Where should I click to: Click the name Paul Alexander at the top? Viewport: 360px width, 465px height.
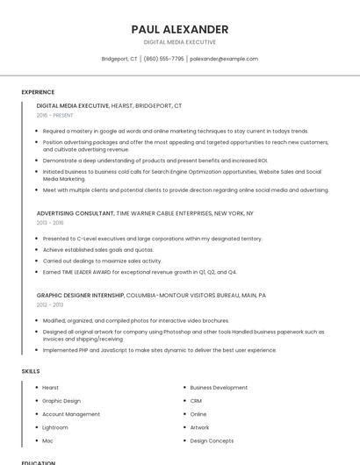pos(179,29)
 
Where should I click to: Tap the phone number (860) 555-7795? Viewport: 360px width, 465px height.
pos(164,59)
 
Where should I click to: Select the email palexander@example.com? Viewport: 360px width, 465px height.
pos(224,59)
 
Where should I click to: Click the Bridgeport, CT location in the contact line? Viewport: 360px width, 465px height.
pos(119,59)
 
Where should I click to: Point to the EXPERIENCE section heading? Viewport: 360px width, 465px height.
pos(38,92)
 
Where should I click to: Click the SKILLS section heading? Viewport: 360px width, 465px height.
pos(31,371)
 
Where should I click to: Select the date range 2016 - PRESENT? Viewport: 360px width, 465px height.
pos(55,115)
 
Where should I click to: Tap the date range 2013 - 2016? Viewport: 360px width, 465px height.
pos(50,223)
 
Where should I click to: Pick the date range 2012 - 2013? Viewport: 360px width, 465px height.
pos(50,304)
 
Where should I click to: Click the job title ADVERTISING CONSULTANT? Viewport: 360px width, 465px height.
pos(76,213)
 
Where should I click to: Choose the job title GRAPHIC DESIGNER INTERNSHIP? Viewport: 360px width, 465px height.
pos(80,295)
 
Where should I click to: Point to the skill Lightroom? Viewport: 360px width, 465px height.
pos(56,427)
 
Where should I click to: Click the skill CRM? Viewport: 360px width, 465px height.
pos(196,401)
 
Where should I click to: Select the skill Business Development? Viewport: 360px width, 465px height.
pos(219,388)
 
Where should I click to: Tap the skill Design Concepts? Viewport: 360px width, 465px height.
pos(212,440)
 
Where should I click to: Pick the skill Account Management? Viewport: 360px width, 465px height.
pos(71,414)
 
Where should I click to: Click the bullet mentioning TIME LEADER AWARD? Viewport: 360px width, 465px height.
pos(134,272)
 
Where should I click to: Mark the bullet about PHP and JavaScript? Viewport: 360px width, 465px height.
pos(159,350)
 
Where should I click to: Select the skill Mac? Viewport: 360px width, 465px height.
pos(47,440)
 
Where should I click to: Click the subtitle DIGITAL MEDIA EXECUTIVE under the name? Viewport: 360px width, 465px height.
pos(179,42)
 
